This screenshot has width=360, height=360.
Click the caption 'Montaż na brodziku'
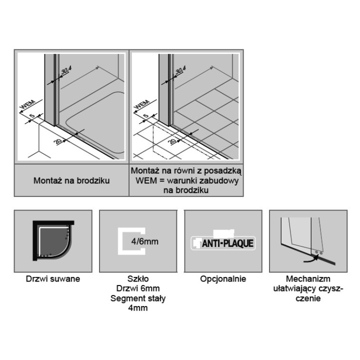[71, 180]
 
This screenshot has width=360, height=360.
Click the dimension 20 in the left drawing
[59, 142]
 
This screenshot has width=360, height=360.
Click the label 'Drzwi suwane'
[52, 279]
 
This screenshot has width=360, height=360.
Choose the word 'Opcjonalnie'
[223, 279]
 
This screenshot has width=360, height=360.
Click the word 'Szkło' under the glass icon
[138, 279]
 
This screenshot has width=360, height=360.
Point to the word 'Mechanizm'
[308, 279]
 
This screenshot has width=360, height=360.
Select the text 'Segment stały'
[138, 298]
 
